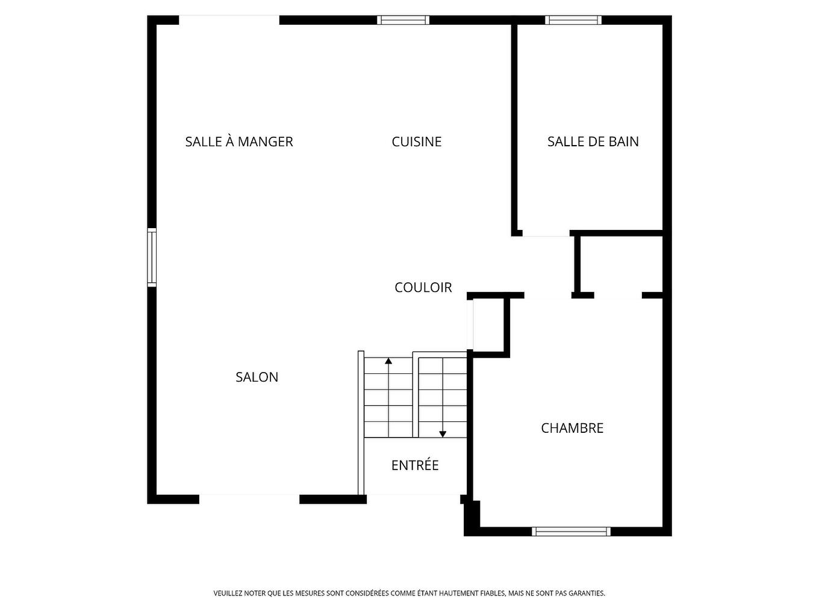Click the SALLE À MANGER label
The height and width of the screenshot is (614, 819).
(239, 141)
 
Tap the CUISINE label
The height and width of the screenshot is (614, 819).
(416, 141)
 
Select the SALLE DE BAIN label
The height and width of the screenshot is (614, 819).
(593, 141)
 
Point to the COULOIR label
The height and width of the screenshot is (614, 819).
(423, 287)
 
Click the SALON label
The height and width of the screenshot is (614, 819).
(257, 377)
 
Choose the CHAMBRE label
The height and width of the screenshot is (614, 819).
(571, 428)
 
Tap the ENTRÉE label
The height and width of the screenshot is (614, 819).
(415, 465)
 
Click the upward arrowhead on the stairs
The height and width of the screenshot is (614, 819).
(388, 361)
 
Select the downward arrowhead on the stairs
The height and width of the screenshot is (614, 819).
(443, 433)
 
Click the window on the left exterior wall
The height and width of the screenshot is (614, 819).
(152, 257)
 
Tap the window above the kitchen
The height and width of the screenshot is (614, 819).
(403, 20)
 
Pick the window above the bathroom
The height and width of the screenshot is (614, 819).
(573, 20)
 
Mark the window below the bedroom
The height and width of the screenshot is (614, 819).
(571, 531)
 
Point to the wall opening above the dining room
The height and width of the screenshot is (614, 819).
(229, 20)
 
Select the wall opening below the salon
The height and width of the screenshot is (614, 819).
(249, 498)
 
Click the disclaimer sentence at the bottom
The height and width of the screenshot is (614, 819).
(409, 593)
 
